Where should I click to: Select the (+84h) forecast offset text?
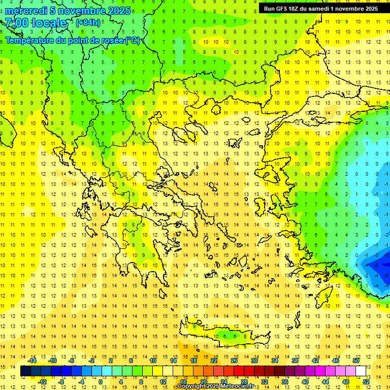(x=88, y=22)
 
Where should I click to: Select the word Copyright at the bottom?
(x=193, y=386)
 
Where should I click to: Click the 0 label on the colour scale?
(x=100, y=382)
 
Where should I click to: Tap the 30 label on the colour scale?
(x=254, y=361)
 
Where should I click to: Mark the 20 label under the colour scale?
(x=204, y=382)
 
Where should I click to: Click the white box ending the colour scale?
(x=361, y=371)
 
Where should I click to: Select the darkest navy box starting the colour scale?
(x=25, y=371)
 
